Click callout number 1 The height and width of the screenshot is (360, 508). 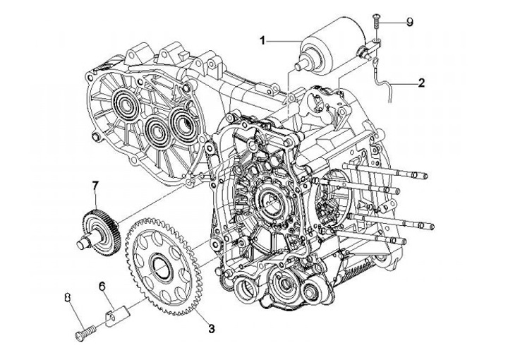(x=262, y=40)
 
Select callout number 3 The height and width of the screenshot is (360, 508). (x=211, y=329)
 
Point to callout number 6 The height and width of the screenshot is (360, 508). (x=102, y=287)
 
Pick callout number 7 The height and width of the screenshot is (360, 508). (x=95, y=186)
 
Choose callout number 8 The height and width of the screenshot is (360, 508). (x=68, y=296)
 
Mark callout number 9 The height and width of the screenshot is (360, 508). (x=410, y=22)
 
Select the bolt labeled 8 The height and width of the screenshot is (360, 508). (x=86, y=333)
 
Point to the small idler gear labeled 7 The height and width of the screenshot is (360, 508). (x=99, y=232)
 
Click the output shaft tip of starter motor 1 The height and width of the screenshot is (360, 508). (x=298, y=67)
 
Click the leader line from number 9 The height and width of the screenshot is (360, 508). (x=392, y=23)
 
